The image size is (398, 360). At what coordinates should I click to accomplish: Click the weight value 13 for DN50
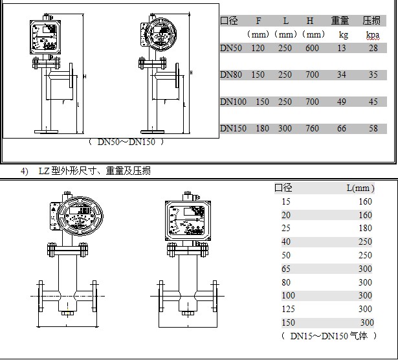pyautogui.click(x=343, y=49)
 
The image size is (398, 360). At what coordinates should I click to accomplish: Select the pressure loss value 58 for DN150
pyautogui.click(x=373, y=128)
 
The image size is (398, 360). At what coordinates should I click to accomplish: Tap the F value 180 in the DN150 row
pyautogui.click(x=262, y=128)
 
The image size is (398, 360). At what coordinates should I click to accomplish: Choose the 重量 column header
pyautogui.click(x=340, y=20)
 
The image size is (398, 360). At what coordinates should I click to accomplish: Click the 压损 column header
pyautogui.click(x=371, y=20)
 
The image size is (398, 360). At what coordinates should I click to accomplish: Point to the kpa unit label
pyautogui.click(x=372, y=34)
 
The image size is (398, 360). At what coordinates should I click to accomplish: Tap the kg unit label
pyautogui.click(x=343, y=34)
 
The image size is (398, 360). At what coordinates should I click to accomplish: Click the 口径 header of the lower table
pyautogui.click(x=283, y=188)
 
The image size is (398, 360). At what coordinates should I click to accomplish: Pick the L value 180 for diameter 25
pyautogui.click(x=366, y=229)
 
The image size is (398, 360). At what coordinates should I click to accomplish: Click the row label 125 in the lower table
pyautogui.click(x=286, y=309)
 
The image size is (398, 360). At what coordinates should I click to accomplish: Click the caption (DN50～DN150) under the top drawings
pyautogui.click(x=126, y=141)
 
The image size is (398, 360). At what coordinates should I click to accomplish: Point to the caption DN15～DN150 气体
pyautogui.click(x=329, y=336)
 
